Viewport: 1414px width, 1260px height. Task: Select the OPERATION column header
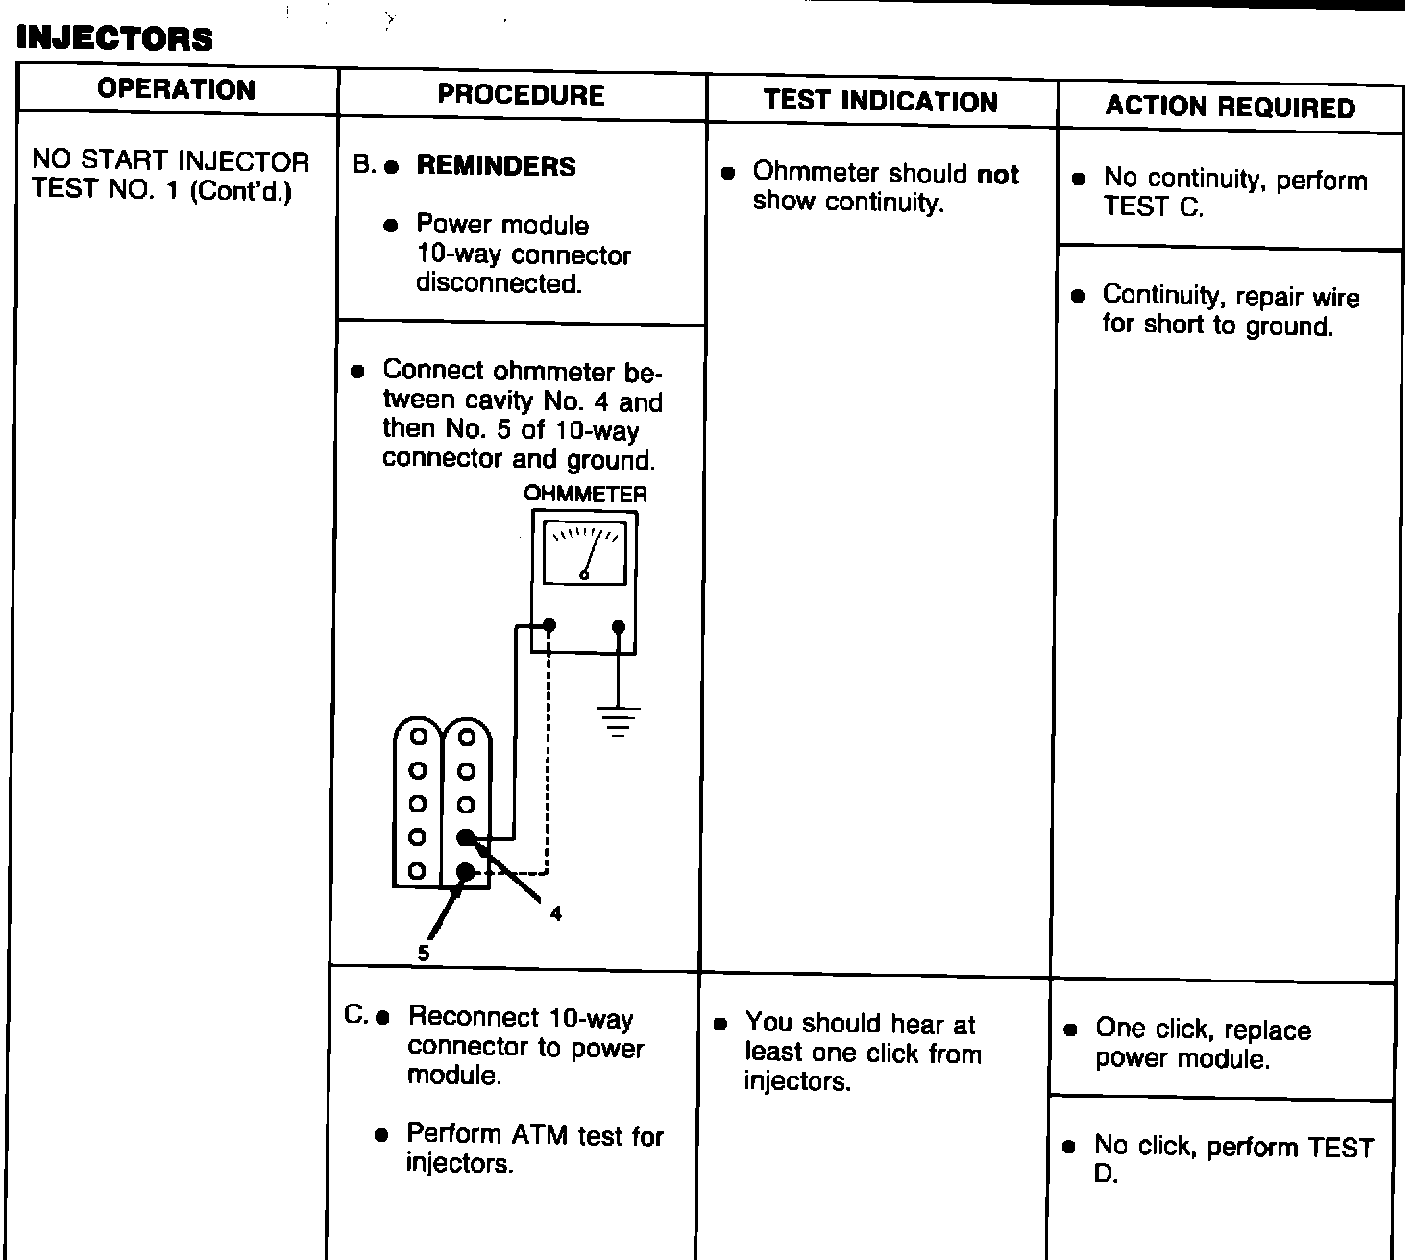click(x=177, y=89)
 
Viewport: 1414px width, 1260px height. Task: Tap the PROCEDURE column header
click(x=521, y=94)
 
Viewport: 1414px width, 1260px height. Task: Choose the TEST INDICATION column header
click(x=881, y=102)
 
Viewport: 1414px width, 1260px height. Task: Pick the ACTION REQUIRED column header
click(x=1231, y=107)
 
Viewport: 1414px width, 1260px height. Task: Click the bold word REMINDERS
click(x=496, y=166)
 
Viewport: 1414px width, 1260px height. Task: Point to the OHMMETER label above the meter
click(x=585, y=495)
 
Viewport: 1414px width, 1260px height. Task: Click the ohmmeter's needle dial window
click(x=584, y=552)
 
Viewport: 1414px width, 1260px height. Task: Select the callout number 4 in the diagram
click(x=556, y=913)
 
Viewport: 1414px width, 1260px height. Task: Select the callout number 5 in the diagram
click(x=424, y=953)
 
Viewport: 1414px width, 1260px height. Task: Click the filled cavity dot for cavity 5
click(x=466, y=871)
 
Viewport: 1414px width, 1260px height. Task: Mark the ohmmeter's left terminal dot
click(x=549, y=627)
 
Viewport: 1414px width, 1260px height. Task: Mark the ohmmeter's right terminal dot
click(x=619, y=627)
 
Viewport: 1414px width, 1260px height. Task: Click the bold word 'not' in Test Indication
click(x=998, y=175)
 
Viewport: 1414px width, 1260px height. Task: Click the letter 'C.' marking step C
click(x=355, y=1014)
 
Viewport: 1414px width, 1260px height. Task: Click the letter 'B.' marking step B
click(x=364, y=165)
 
